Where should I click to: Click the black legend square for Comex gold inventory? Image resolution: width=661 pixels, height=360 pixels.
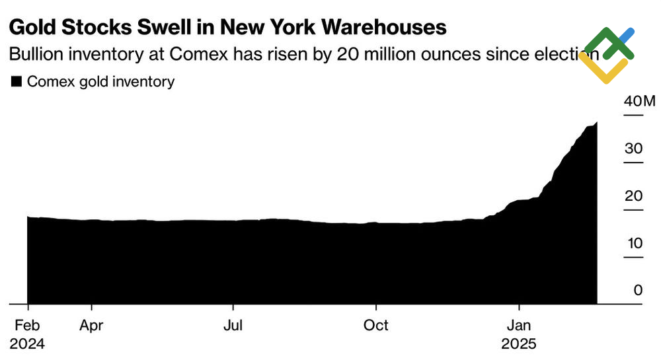point(17,82)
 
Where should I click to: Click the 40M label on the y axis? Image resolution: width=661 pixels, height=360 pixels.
point(639,102)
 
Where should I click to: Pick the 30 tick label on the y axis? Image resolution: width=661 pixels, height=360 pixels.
point(633,149)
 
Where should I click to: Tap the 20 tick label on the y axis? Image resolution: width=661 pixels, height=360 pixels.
point(633,196)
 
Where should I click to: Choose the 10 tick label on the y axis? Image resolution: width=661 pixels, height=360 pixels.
point(633,243)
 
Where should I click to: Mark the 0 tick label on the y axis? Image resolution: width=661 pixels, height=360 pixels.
point(637,291)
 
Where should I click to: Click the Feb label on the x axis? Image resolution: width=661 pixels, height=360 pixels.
point(27,326)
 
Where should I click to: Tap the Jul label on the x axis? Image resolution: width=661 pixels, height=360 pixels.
point(233,326)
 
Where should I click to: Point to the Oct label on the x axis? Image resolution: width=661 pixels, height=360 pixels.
point(377,326)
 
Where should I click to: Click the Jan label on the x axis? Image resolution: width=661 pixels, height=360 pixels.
point(519,326)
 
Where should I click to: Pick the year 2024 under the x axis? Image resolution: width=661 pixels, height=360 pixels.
point(27,344)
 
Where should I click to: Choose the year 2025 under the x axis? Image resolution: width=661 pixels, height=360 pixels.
point(519,344)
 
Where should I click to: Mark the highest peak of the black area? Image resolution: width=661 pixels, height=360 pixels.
point(596,123)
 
